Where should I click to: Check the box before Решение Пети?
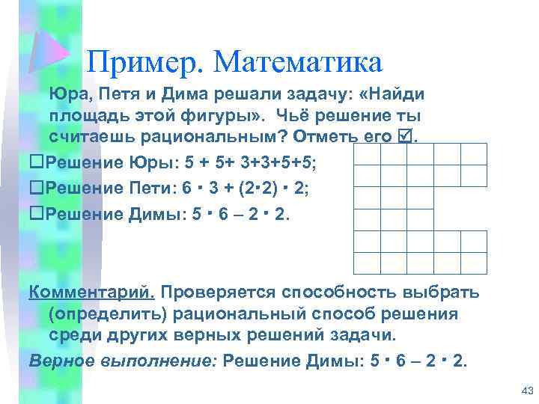tap(34, 188)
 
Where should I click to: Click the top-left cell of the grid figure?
tap(367, 154)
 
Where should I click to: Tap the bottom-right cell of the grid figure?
tap(473, 263)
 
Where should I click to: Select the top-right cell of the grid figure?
tap(473, 154)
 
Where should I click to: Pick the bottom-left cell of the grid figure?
tap(367, 263)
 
